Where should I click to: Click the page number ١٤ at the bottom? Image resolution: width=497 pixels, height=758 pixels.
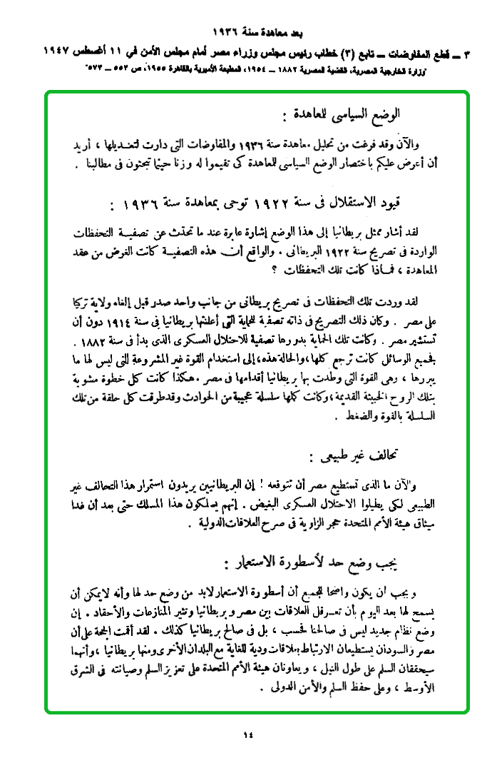click(x=247, y=734)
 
